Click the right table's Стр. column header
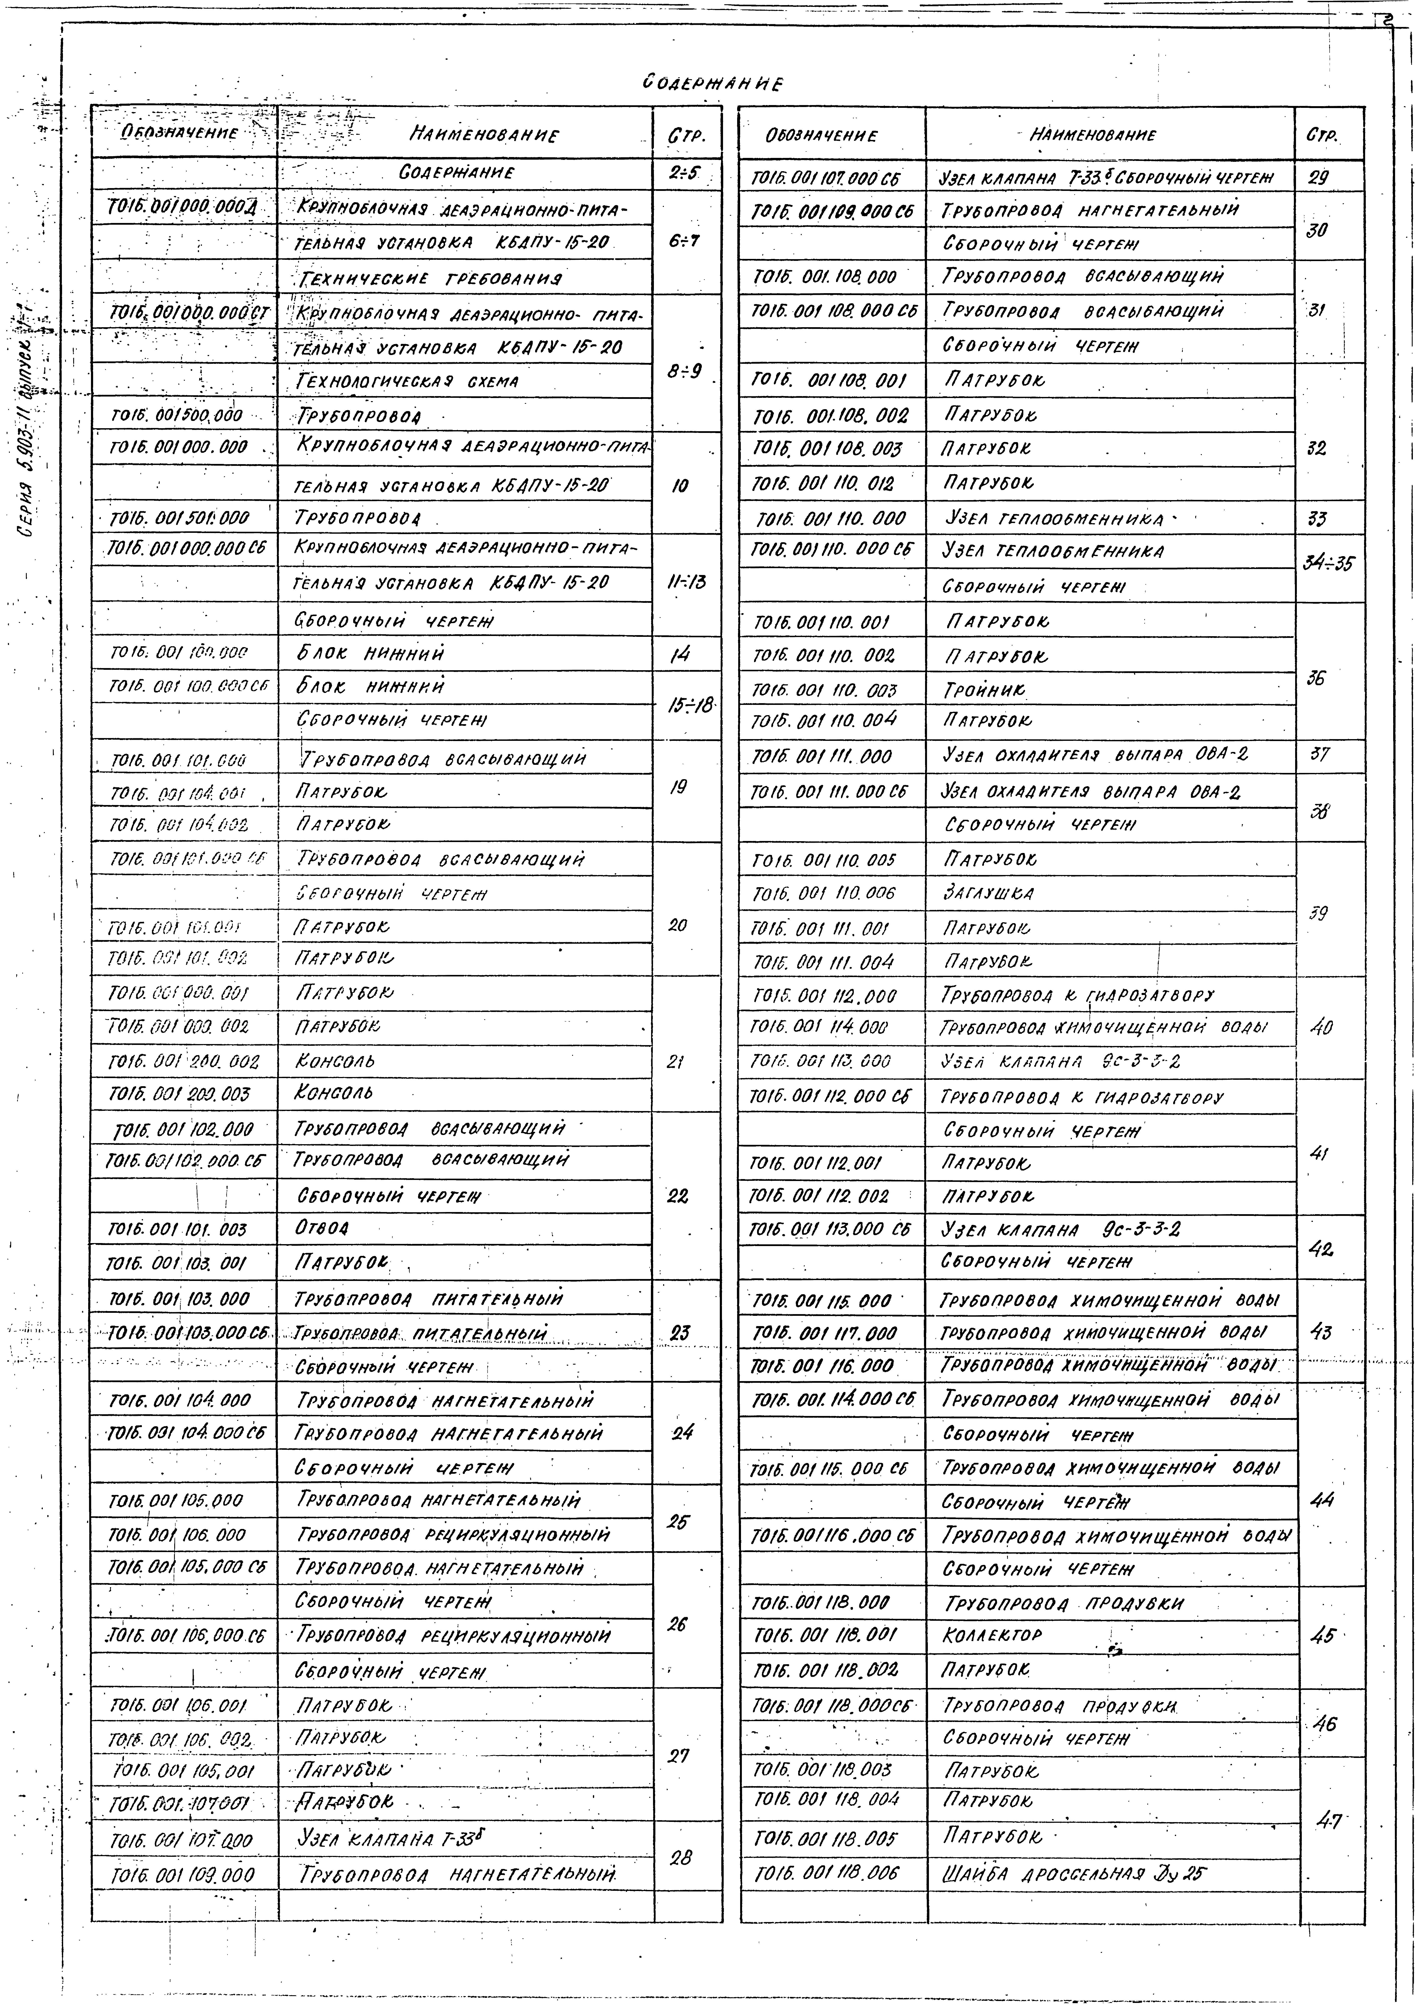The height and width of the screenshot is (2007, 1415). pyautogui.click(x=1322, y=135)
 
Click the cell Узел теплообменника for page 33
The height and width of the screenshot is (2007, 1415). pyautogui.click(x=1055, y=518)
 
